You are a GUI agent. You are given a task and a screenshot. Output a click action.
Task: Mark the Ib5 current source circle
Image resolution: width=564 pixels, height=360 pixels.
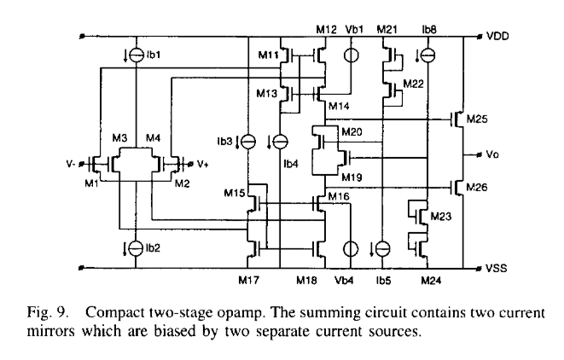(384, 247)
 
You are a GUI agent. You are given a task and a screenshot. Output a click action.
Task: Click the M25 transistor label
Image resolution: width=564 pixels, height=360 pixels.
(476, 120)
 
